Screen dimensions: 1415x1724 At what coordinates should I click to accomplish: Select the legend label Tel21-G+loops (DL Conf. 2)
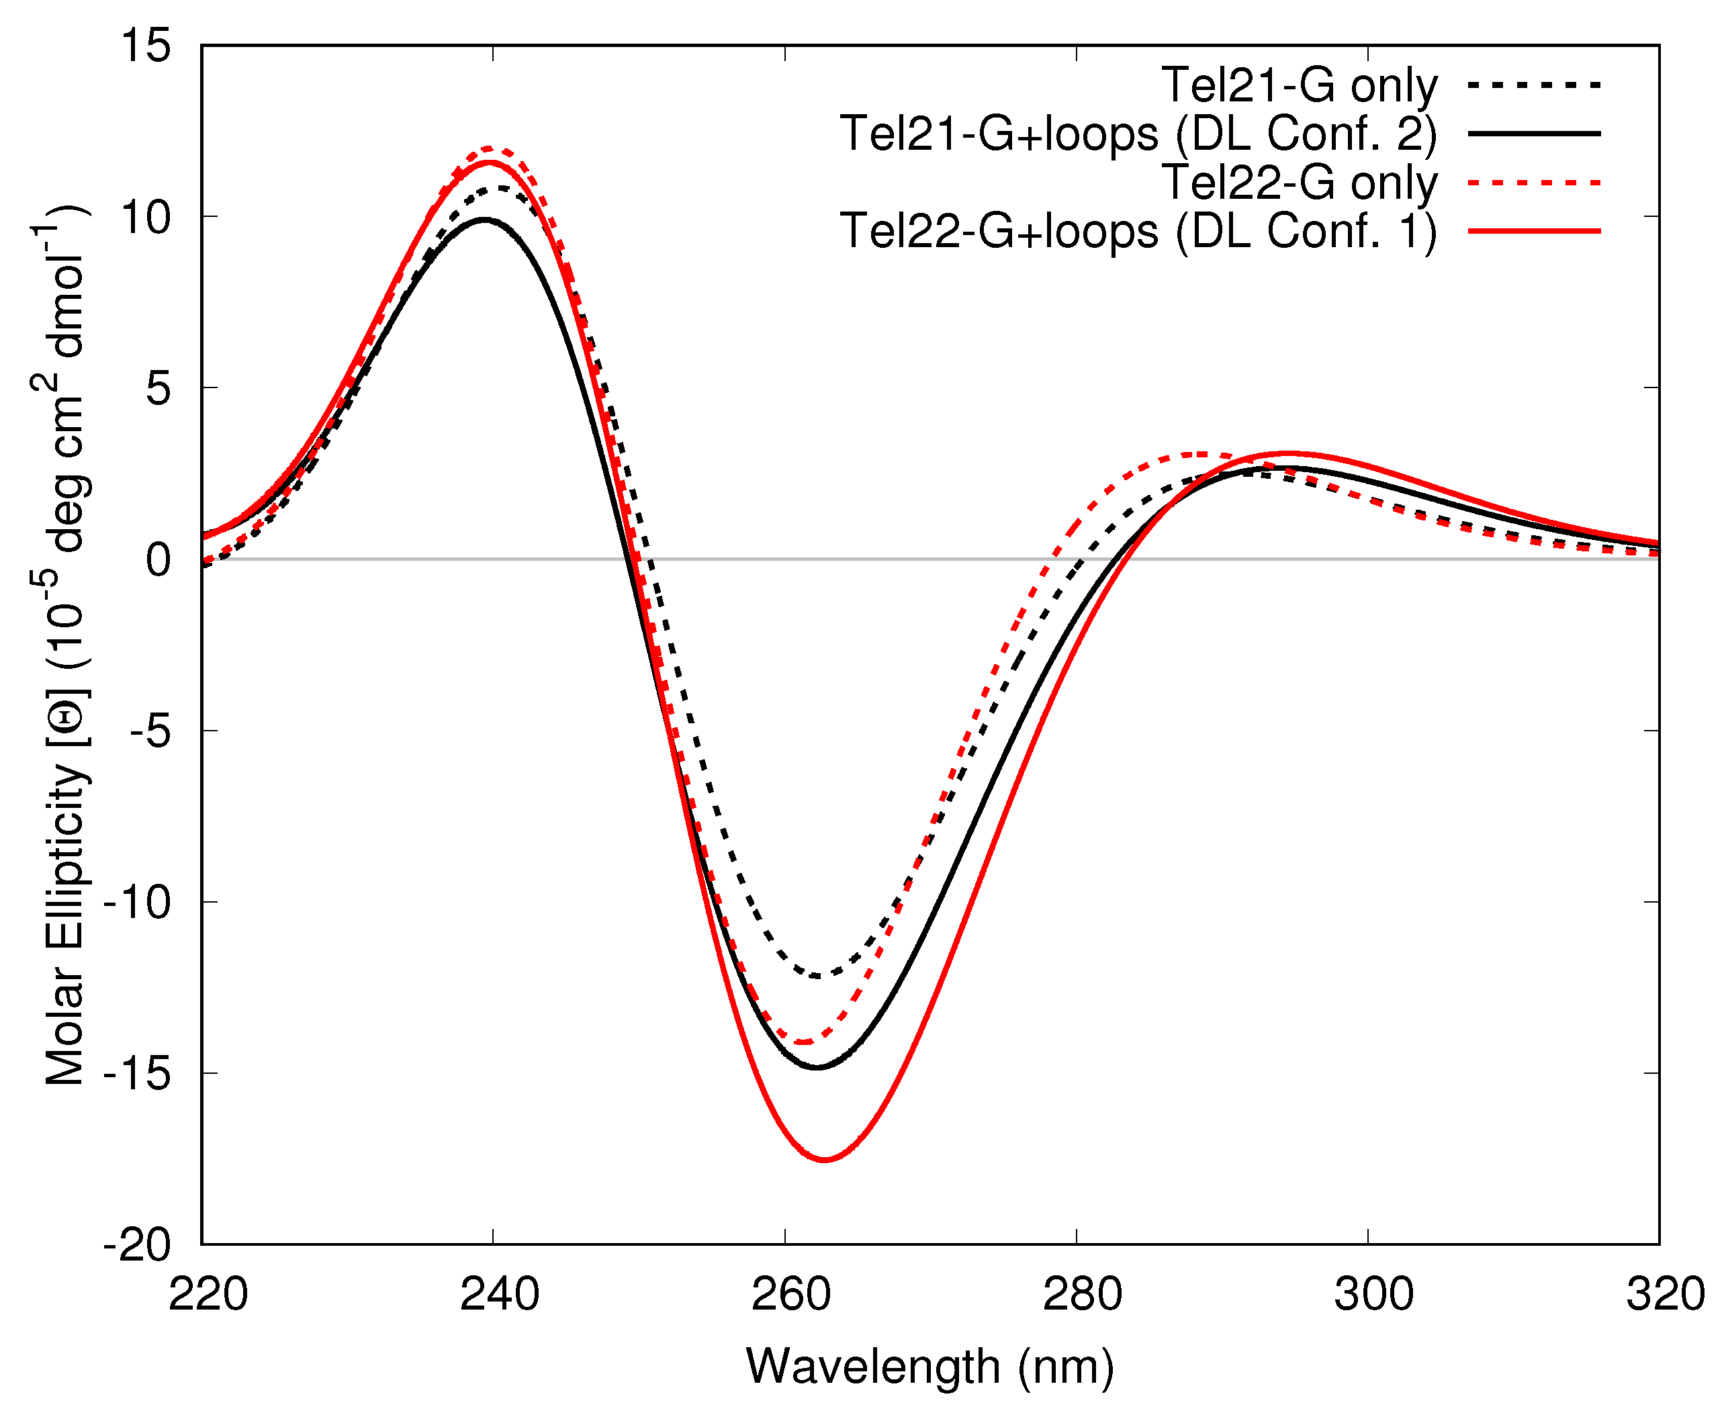click(x=1138, y=134)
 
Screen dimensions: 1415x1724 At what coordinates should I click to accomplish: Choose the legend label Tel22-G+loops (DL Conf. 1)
click(x=1138, y=232)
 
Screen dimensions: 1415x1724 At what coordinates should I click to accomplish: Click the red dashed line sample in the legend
click(x=1534, y=183)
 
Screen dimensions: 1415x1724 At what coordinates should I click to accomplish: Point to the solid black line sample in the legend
click(x=1534, y=133)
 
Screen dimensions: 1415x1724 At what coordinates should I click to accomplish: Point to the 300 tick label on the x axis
click(x=1373, y=1293)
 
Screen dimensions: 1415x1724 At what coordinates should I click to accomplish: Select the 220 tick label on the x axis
click(x=208, y=1293)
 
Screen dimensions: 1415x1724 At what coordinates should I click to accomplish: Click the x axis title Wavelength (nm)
click(x=930, y=1366)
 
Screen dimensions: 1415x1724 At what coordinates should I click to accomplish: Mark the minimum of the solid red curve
click(x=825, y=1159)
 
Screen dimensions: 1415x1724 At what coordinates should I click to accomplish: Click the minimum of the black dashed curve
click(x=816, y=976)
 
